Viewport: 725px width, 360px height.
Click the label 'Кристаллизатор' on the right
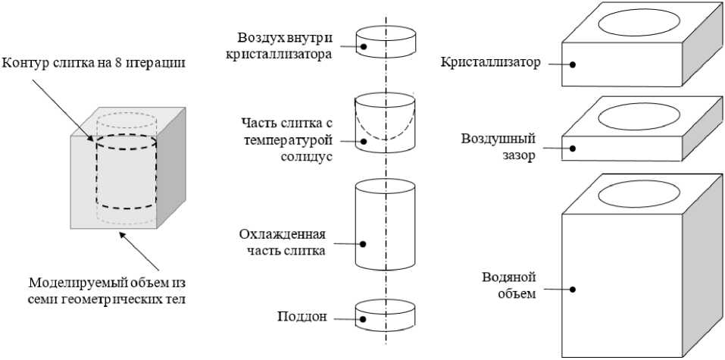pyautogui.click(x=490, y=62)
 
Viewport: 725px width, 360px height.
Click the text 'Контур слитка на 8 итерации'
pyautogui.click(x=93, y=62)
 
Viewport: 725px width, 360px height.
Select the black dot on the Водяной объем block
pyautogui.click(x=573, y=289)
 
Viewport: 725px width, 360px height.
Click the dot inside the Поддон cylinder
pyautogui.click(x=364, y=318)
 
